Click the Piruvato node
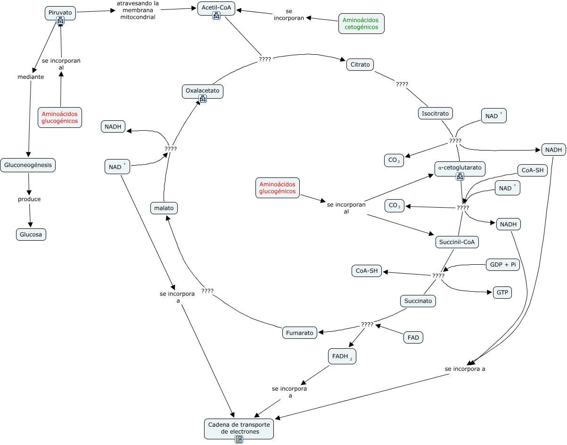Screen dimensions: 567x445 pos(60,13)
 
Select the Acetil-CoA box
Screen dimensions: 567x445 pos(216,8)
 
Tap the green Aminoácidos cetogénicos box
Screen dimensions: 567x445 pos(362,24)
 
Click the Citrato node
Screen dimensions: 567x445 pos(360,65)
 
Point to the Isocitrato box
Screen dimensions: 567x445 pos(435,113)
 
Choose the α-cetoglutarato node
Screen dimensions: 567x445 pos(460,168)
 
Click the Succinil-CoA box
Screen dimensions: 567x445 pos(457,242)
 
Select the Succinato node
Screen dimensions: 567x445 pos(418,301)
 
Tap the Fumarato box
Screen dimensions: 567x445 pos(300,333)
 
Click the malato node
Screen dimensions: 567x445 pos(164,208)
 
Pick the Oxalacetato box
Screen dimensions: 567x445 pos(203,92)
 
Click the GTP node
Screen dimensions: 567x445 pos(502,292)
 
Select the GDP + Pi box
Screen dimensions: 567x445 pos(503,265)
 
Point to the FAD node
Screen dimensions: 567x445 pos(413,337)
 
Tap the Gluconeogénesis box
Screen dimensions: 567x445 pos(28,165)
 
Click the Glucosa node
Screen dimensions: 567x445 pos(31,235)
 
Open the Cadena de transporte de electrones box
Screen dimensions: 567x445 pos(239,429)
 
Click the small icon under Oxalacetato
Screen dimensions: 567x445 pos(203,99)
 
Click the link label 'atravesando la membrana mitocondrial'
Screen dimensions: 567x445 pos(138,10)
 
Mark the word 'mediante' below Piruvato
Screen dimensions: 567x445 pos(31,77)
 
